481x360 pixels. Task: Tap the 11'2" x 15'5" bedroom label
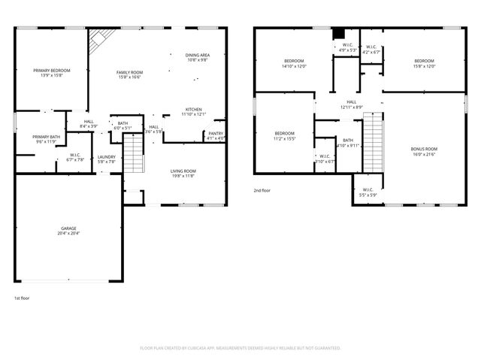pos(284,135)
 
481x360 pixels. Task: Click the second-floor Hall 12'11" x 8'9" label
pos(351,104)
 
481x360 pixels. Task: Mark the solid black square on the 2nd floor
pos(339,33)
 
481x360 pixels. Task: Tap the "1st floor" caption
pos(21,298)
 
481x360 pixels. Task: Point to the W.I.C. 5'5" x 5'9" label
pos(368,191)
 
